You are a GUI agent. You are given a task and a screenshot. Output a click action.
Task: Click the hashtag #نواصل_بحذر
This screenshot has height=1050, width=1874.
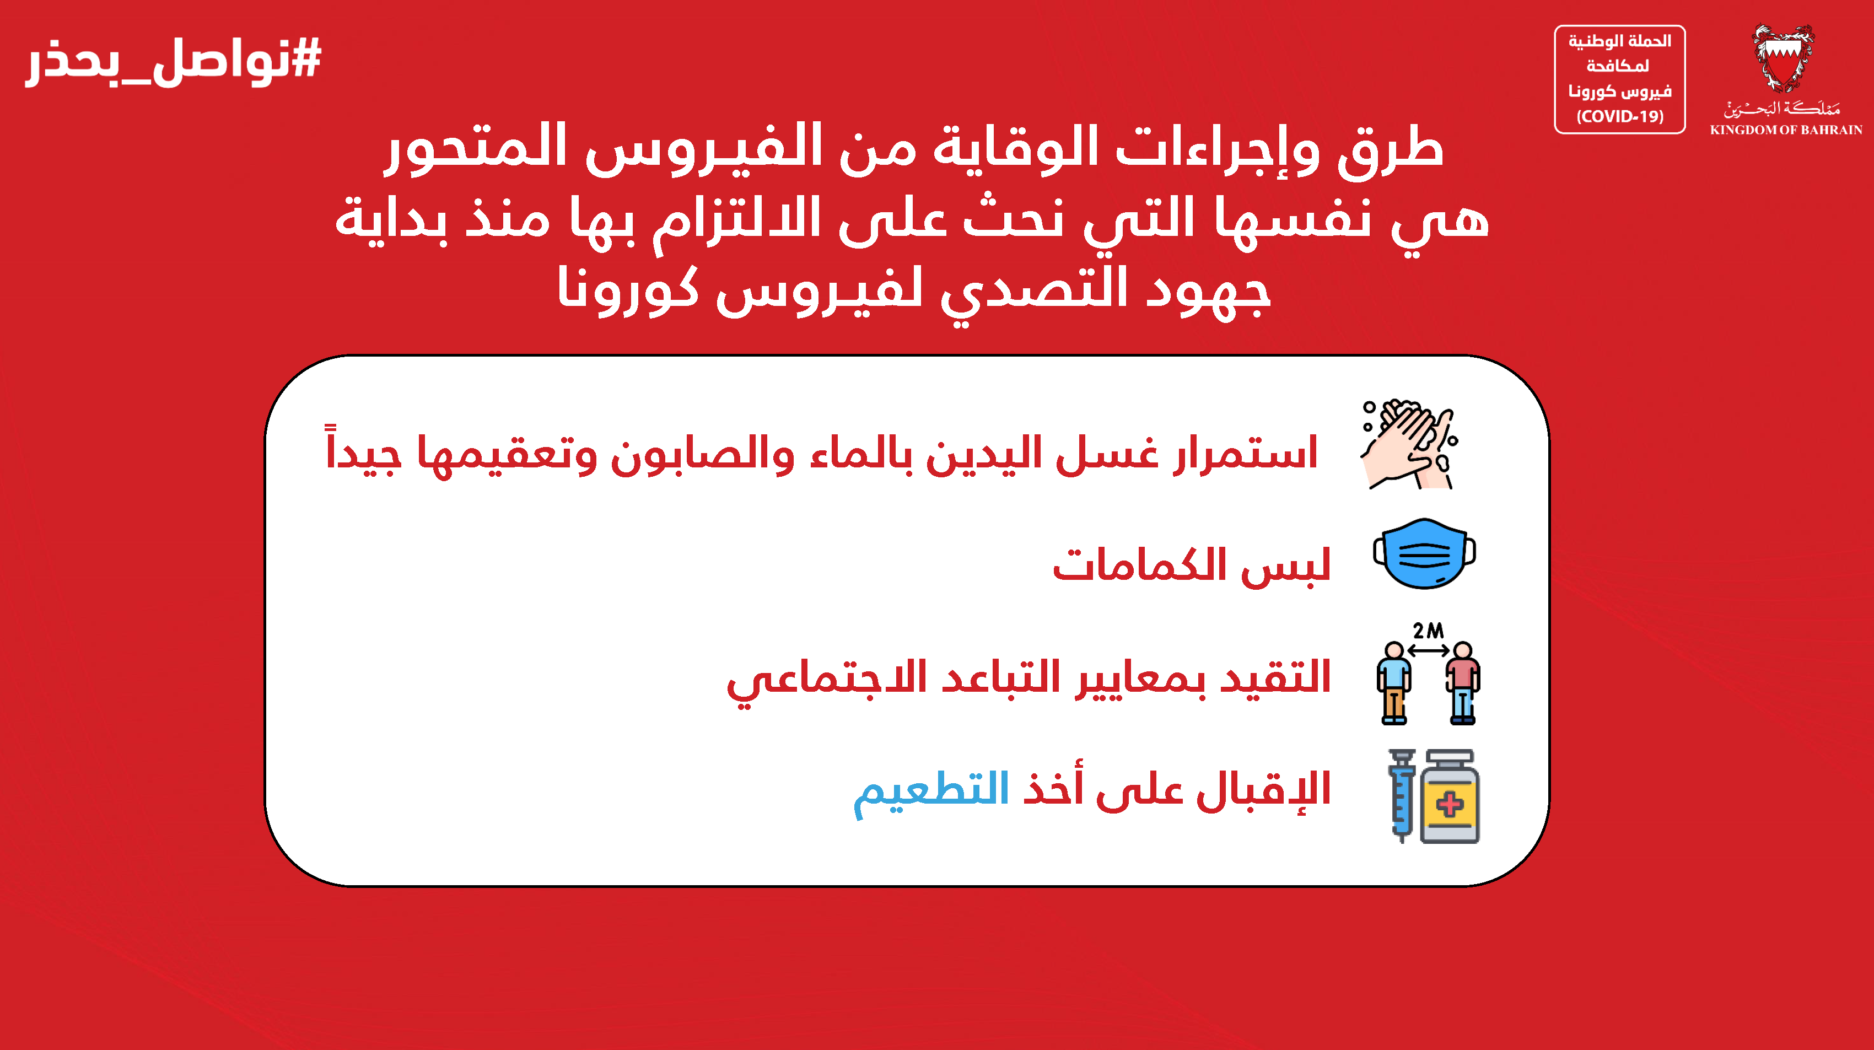click(173, 61)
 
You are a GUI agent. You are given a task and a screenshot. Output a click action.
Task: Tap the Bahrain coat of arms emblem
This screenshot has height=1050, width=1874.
click(1783, 58)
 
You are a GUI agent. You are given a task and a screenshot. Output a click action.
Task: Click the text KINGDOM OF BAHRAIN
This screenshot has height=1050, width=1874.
click(1786, 130)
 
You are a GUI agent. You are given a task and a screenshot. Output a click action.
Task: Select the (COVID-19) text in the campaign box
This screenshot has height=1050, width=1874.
click(1619, 116)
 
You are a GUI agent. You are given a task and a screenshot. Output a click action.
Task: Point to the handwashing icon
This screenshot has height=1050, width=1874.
click(1409, 444)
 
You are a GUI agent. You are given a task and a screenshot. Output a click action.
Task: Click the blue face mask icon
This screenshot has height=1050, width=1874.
click(1424, 553)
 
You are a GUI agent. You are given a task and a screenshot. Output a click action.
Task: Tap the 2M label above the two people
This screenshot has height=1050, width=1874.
click(1428, 630)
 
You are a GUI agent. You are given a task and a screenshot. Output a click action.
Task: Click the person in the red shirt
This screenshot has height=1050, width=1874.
click(1463, 682)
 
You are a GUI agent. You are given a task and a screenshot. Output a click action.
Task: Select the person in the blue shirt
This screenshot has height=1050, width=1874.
click(1394, 682)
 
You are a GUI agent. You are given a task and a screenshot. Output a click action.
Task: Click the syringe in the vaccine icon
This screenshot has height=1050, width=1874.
click(1402, 795)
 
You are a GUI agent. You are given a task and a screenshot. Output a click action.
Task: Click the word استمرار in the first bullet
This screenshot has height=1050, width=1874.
click(1246, 453)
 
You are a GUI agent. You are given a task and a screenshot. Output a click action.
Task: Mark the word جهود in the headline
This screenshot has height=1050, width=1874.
click(1208, 291)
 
